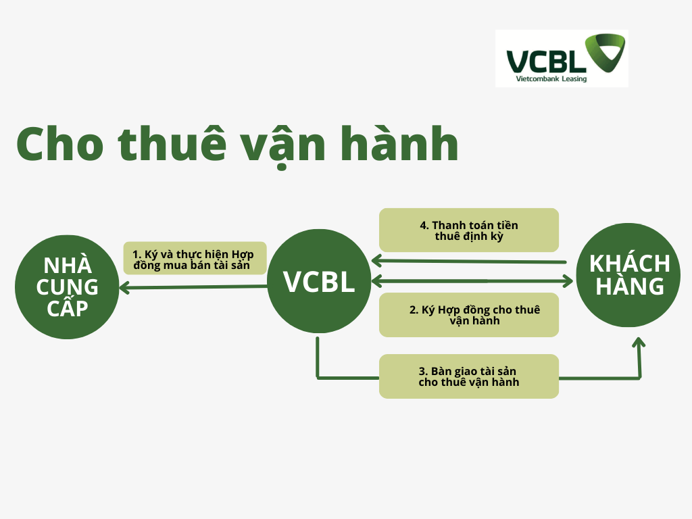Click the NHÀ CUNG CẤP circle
(x=67, y=287)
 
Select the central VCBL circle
(x=319, y=281)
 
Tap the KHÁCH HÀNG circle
(x=628, y=275)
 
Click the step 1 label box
(x=195, y=258)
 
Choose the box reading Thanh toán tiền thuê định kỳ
(x=469, y=230)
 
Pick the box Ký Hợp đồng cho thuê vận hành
(x=469, y=315)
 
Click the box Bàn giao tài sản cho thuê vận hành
(x=469, y=376)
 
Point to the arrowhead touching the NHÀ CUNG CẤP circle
(x=124, y=288)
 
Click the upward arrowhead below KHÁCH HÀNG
(x=639, y=343)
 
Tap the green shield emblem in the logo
(x=605, y=52)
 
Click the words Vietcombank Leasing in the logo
(x=551, y=79)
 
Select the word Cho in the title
(x=60, y=145)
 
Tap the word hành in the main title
(x=399, y=143)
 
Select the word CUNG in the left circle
(x=67, y=287)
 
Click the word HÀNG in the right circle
(x=630, y=286)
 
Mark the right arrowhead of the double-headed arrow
(x=568, y=280)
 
